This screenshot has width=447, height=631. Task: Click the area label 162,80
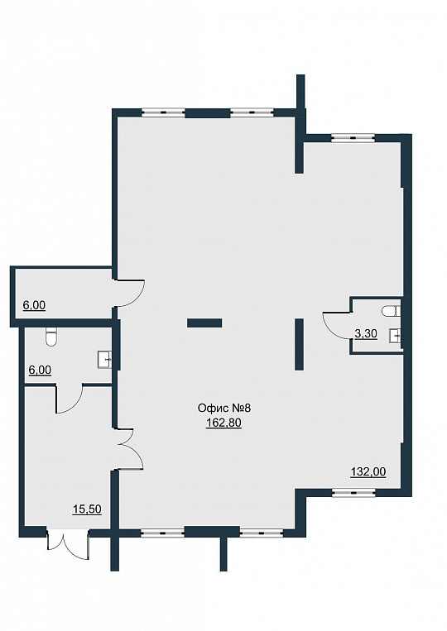point(223,423)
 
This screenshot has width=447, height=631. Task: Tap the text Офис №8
point(223,408)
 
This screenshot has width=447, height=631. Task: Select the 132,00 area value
point(368,471)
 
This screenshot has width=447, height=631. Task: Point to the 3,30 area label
point(366,333)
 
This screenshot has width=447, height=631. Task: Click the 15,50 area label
point(87,509)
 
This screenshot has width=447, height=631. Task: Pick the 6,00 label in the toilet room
point(40,370)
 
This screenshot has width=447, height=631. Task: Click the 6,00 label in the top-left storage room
point(34,305)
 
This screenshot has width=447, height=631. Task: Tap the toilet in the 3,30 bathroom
point(391,311)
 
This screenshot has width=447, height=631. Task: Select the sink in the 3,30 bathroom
point(395,335)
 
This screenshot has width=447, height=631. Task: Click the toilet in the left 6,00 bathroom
point(51,337)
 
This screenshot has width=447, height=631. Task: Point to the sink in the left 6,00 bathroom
point(104,359)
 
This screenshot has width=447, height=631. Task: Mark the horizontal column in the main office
point(204,323)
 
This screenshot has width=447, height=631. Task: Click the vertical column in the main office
point(299,344)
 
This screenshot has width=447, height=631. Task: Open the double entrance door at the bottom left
point(68,544)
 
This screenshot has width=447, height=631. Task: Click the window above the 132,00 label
point(353,492)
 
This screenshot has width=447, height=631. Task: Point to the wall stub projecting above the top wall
point(300,92)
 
